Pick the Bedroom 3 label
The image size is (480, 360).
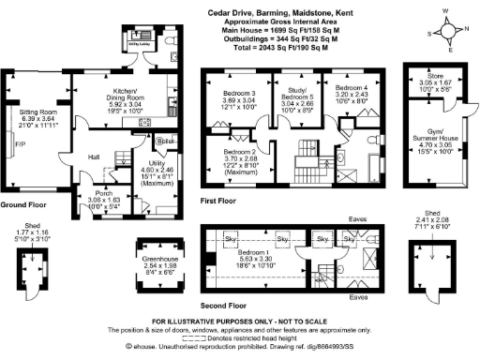point(240,94)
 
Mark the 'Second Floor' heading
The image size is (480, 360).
point(224,279)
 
